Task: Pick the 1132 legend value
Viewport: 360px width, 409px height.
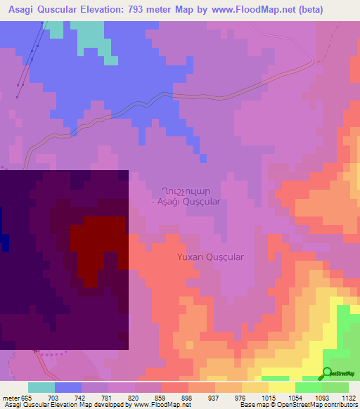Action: pyautogui.click(x=349, y=398)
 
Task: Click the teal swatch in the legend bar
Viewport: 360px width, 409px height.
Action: pyautogui.click(x=41, y=387)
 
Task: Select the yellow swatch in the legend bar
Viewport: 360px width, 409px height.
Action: pyautogui.click(x=282, y=387)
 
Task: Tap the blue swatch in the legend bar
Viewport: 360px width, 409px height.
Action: pyautogui.click(x=68, y=387)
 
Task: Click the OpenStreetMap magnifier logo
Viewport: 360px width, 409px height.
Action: pyautogui.click(x=328, y=372)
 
